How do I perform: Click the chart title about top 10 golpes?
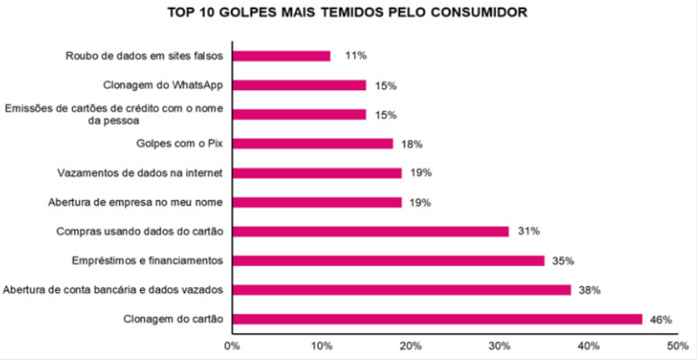[x=348, y=13]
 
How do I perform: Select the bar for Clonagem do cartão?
[x=437, y=319]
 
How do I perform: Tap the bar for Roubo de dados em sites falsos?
[x=281, y=56]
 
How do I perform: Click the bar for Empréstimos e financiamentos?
[x=388, y=261]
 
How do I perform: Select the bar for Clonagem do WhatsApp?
[x=298, y=85]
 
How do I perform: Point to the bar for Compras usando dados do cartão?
[x=370, y=232]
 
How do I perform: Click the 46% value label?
[x=661, y=319]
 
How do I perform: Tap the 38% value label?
[x=589, y=290]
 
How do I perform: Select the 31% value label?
[x=527, y=232]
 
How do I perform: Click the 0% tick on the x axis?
[x=232, y=345]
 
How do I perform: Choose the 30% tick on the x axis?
[x=499, y=345]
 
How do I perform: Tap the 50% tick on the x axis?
[x=677, y=345]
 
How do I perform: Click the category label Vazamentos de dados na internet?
[x=141, y=173]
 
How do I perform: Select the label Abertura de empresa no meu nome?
[x=135, y=202]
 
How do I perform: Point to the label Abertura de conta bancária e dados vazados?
[x=113, y=290]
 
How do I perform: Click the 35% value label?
[x=562, y=261]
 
